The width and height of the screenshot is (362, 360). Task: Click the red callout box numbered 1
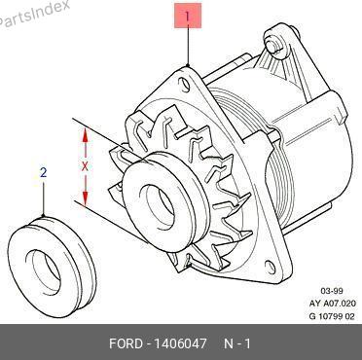(x=188, y=16)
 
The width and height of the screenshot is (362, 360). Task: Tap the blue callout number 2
(x=44, y=172)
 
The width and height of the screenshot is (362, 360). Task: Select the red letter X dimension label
(x=85, y=167)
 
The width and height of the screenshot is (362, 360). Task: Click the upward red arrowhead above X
(x=85, y=135)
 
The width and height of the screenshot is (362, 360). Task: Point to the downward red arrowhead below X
(x=85, y=198)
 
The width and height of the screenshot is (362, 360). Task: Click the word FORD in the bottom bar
(x=126, y=343)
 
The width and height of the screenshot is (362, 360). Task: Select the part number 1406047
(x=179, y=343)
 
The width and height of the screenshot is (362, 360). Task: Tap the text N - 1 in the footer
(x=237, y=343)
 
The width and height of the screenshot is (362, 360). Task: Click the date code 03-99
(x=332, y=291)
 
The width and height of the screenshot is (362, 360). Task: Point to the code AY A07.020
(x=333, y=304)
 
